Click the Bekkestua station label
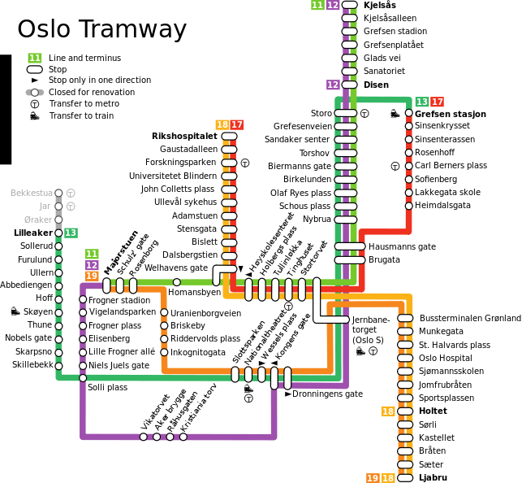click(x=31, y=193)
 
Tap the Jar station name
click(x=45, y=207)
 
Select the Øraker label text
click(x=38, y=220)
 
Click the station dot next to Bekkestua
click(x=58, y=193)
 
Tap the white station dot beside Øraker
click(x=58, y=220)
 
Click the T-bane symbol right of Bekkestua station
click(x=71, y=193)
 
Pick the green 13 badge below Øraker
click(x=71, y=233)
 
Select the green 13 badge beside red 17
click(x=422, y=102)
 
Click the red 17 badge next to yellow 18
click(x=237, y=124)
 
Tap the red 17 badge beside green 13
click(x=438, y=102)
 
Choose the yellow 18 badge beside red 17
click(x=222, y=124)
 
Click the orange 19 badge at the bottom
click(x=373, y=478)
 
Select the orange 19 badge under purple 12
click(x=92, y=276)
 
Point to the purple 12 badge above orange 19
click(x=92, y=265)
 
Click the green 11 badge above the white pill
click(x=34, y=58)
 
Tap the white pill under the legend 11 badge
click(x=34, y=69)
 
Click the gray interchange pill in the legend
click(x=34, y=92)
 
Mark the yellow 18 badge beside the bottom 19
click(x=388, y=478)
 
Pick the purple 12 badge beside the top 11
click(x=333, y=5)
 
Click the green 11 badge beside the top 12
click(x=317, y=5)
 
